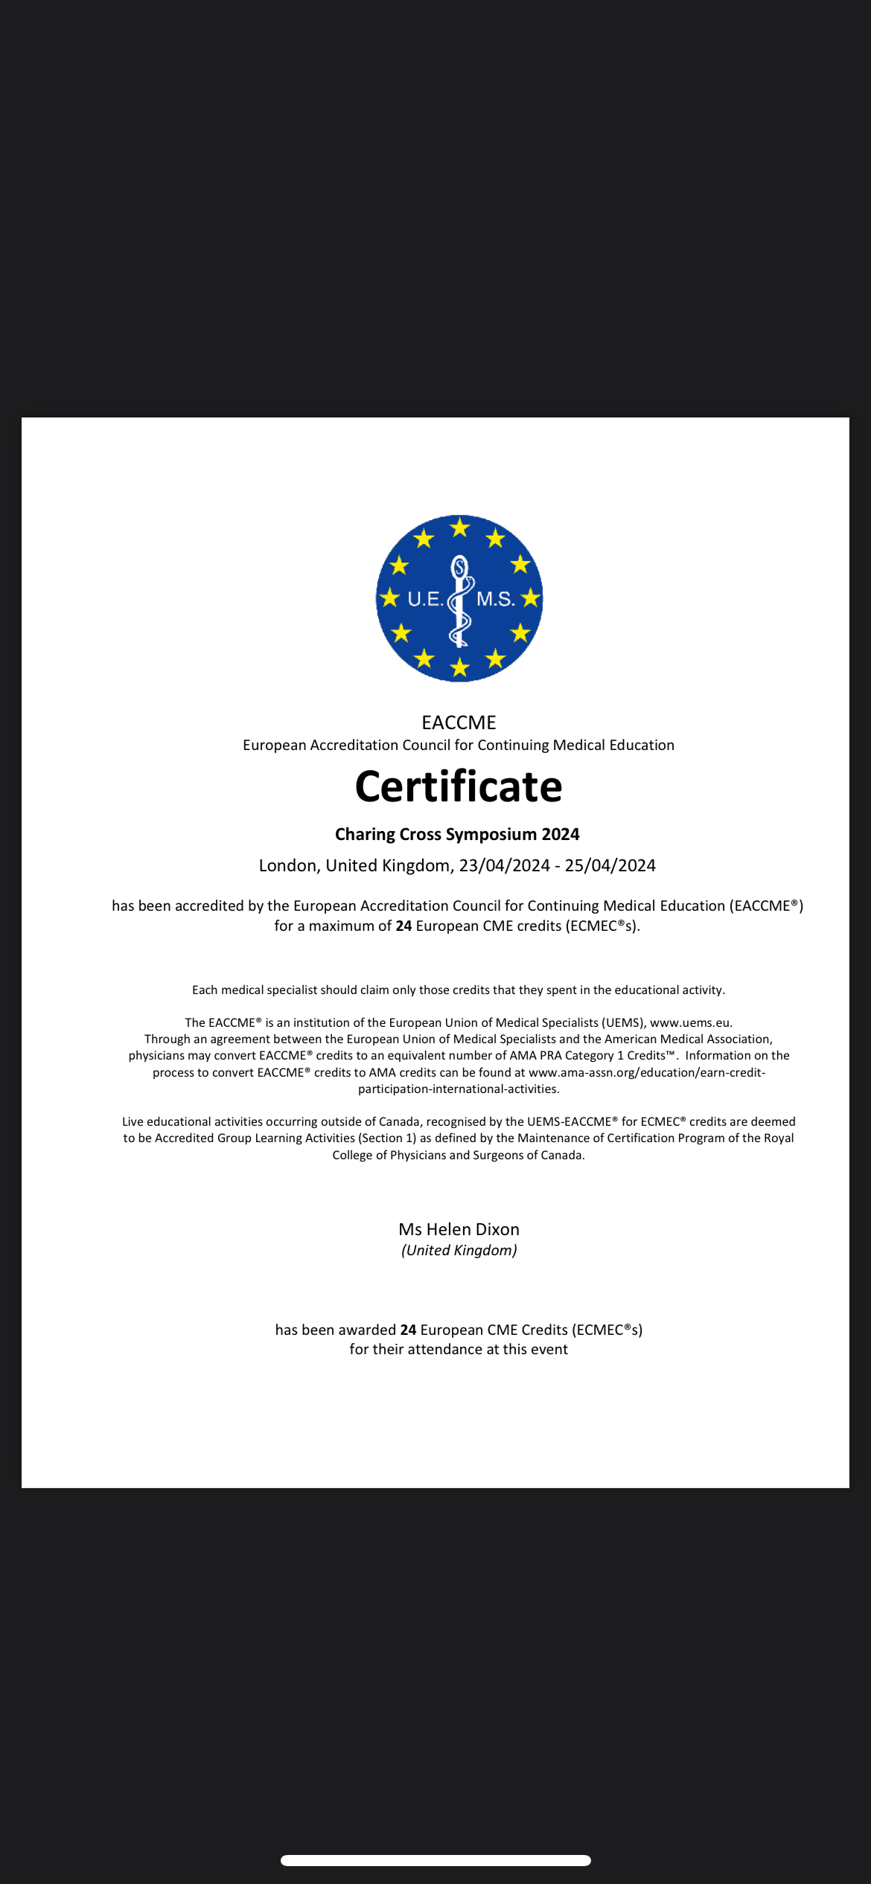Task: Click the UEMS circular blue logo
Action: pos(459,597)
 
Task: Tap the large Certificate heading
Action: pos(459,786)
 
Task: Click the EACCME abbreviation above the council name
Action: pos(459,722)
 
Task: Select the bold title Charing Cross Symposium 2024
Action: pos(457,834)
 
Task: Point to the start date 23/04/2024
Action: pos(504,865)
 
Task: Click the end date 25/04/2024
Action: pos(610,865)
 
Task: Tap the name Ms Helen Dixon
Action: pos(459,1229)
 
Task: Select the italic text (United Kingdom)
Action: pos(459,1250)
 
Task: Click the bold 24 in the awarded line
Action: pos(408,1330)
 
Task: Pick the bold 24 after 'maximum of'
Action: pos(403,926)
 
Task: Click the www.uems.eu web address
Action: pos(690,1022)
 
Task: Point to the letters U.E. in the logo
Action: pos(425,599)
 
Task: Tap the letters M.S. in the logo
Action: pos(495,599)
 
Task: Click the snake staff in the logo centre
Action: pos(460,601)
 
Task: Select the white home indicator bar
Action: pos(435,1860)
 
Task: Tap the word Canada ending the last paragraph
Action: pos(562,1155)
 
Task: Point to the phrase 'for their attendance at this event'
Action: pos(459,1349)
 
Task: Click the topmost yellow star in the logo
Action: pos(460,528)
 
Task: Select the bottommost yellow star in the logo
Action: pos(460,667)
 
